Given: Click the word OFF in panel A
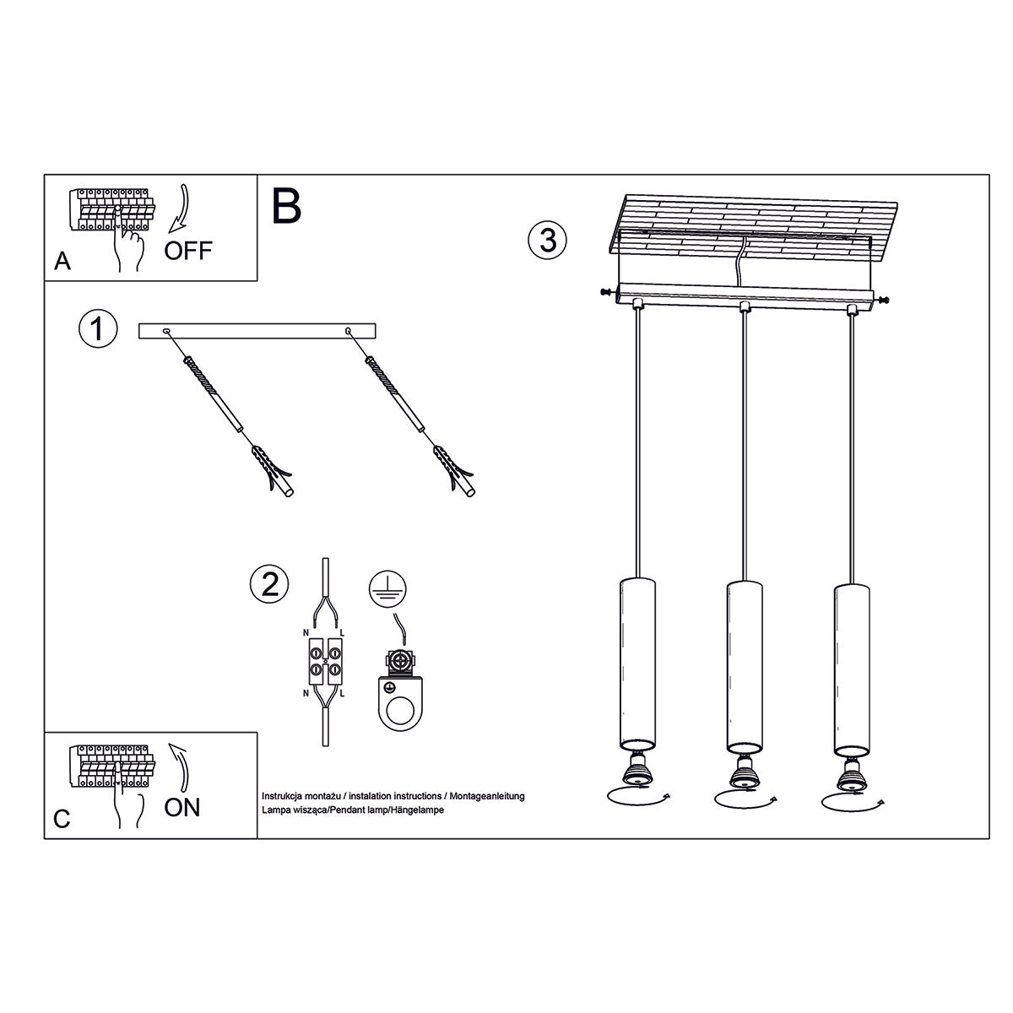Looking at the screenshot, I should pos(188,250).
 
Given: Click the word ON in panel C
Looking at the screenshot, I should pos(182,807).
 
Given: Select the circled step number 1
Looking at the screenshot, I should pos(97,329).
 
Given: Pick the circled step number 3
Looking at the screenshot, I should pos(548,240).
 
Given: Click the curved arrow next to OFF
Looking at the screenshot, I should pos(181,208).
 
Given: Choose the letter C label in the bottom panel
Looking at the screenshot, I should pos(61,819).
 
